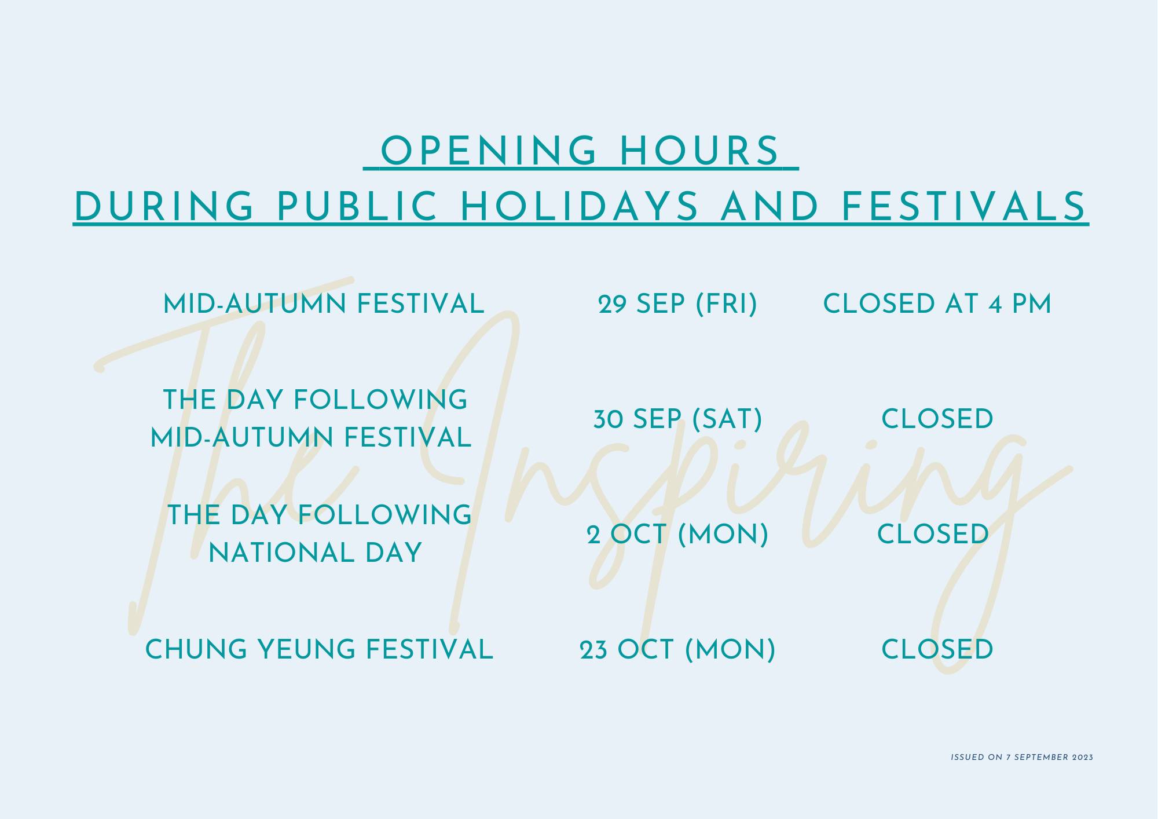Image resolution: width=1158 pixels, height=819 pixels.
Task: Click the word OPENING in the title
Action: coord(488,151)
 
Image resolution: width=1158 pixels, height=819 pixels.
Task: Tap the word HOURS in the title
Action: coord(699,151)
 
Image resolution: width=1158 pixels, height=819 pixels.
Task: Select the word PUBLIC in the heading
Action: coord(357,206)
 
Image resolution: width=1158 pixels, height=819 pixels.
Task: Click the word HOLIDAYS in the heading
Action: coord(580,206)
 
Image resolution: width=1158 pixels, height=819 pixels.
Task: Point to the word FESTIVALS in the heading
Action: coord(963,206)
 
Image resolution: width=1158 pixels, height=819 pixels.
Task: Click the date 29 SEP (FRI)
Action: coord(677,304)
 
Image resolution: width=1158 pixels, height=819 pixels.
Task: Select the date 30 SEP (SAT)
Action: coord(677,419)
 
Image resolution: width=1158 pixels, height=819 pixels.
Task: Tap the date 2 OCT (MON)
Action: coord(677,534)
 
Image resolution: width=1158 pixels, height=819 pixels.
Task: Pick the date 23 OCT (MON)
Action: coord(677,649)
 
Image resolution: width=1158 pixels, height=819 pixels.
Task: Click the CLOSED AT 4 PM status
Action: coord(937,304)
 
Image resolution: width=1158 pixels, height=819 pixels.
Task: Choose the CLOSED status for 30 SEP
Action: coord(937,419)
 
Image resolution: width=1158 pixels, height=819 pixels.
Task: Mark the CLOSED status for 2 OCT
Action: coord(933,534)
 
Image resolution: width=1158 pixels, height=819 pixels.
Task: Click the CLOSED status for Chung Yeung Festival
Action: coord(937,649)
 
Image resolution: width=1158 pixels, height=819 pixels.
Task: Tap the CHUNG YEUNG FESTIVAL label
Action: coord(319,649)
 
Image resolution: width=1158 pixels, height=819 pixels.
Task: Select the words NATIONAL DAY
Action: coord(316,553)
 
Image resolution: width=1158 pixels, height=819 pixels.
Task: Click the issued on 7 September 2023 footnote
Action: coord(1022,757)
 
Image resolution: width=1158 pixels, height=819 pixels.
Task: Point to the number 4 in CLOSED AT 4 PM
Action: coord(995,304)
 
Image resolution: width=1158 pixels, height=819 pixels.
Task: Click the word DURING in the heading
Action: coord(164,206)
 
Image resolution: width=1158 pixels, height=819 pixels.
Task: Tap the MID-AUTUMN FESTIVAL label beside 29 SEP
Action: coord(324,304)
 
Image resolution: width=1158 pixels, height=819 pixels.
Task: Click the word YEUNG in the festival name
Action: coord(307,649)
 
